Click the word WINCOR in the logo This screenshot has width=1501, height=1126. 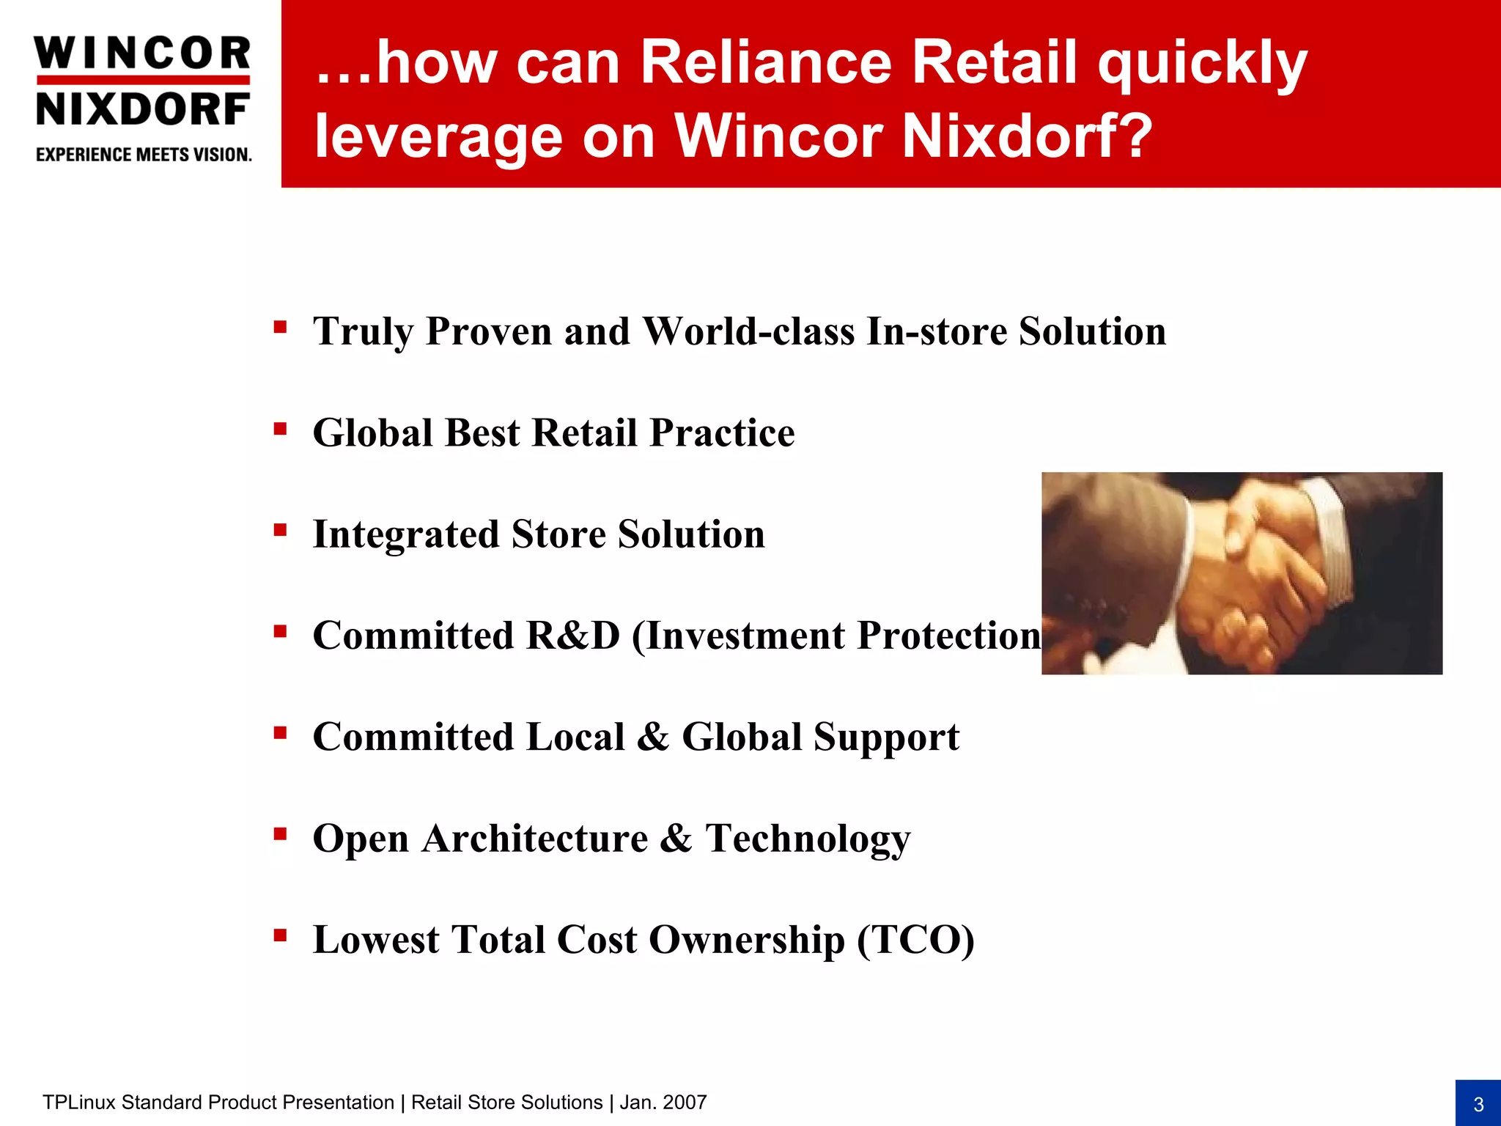[x=143, y=54]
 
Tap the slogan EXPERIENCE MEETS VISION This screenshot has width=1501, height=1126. [x=144, y=155]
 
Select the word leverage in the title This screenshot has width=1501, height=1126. [x=438, y=137]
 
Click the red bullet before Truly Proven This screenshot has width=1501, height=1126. [x=280, y=326]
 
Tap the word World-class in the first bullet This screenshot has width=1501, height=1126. [x=748, y=331]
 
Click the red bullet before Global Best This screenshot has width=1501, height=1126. [x=280, y=428]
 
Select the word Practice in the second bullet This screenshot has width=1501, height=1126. [x=722, y=433]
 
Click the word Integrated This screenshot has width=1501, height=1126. [x=405, y=534]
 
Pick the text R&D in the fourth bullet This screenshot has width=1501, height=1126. [x=572, y=635]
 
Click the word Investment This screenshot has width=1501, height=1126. [x=745, y=635]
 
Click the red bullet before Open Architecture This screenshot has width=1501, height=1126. [x=280, y=834]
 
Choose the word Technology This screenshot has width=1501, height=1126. [x=808, y=839]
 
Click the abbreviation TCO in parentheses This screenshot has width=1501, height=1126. [x=916, y=940]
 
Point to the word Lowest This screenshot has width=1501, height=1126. [x=376, y=940]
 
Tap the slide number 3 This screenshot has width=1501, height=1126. [x=1478, y=1104]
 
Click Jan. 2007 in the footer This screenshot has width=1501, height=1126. [x=663, y=1103]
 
